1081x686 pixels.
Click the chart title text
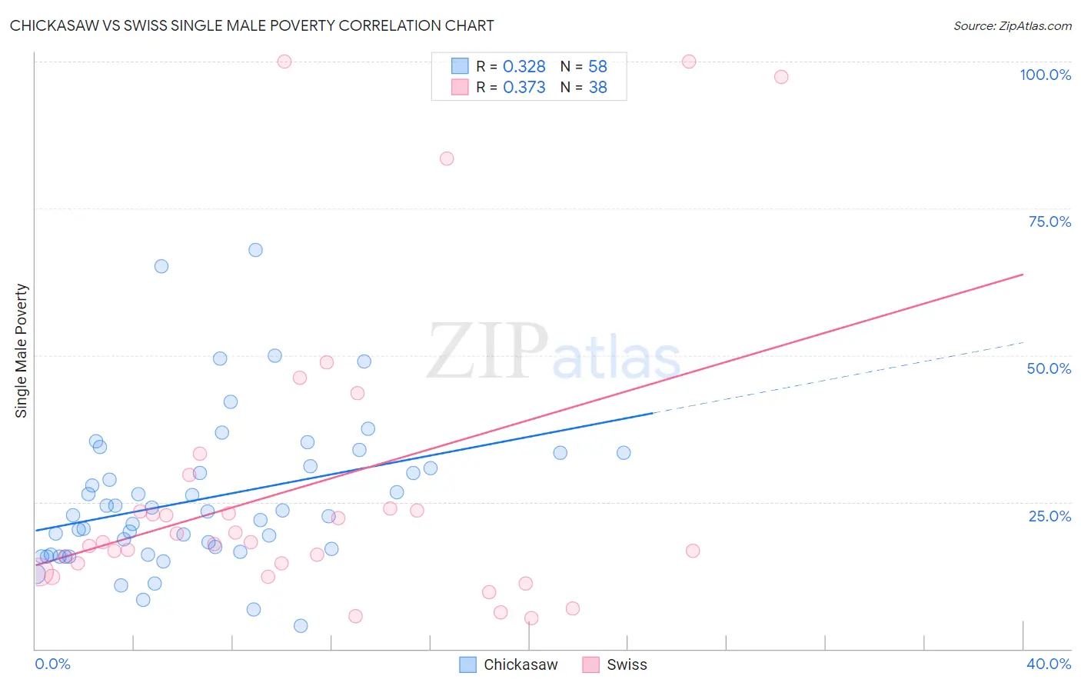[252, 25]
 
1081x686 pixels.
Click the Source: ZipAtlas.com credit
[1012, 25]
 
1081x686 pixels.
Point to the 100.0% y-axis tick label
[1045, 75]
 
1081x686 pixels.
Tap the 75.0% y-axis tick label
[1049, 221]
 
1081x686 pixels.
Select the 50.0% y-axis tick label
[1049, 368]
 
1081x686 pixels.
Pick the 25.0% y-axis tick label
[1049, 516]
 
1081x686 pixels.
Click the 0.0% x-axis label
[52, 664]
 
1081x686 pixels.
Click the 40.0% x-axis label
[1049, 664]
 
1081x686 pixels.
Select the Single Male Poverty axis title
[22, 351]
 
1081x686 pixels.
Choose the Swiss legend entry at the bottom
[626, 664]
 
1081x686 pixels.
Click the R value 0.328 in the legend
[524, 67]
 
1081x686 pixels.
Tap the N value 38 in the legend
[597, 88]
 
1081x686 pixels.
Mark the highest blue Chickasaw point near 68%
[255, 250]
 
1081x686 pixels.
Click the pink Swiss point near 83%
[447, 158]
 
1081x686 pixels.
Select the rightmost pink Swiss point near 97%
[781, 77]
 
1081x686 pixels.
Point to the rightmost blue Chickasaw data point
[624, 453]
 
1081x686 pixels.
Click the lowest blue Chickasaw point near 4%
[301, 626]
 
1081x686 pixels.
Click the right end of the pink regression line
[1023, 274]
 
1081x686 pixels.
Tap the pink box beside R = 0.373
[460, 87]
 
